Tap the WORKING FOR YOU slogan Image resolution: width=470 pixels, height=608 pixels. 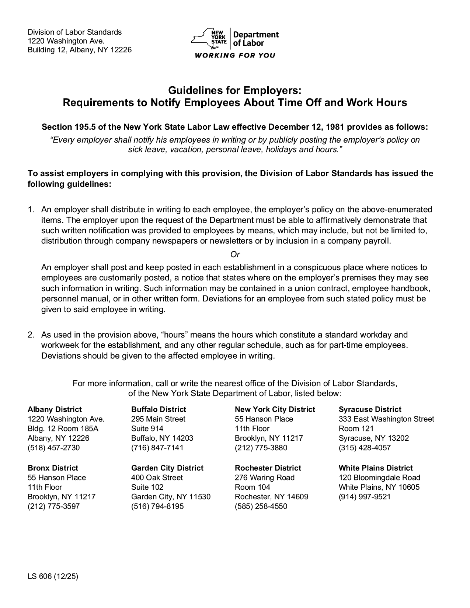tap(235, 56)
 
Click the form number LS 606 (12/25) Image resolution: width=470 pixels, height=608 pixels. tap(53, 576)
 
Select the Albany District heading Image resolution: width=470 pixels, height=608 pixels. tap(55, 409)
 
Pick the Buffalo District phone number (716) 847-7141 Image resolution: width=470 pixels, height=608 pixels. tap(157, 448)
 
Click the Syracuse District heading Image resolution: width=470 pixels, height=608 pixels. tap(370, 409)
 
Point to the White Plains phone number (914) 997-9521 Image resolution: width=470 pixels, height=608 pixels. tap(365, 497)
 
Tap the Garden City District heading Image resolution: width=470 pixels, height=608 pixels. tap(167, 468)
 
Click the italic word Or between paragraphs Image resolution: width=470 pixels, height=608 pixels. tap(235, 255)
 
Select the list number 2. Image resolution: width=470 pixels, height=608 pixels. tap(31, 335)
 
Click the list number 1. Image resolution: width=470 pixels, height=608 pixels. tap(31, 210)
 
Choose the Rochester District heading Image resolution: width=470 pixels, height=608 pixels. tap(268, 468)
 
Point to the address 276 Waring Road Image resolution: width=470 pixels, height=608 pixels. tap(265, 478)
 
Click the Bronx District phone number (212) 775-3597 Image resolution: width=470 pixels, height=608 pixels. tap(53, 506)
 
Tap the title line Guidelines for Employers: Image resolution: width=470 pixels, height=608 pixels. tap(235, 90)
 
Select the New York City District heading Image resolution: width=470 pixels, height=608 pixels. tap(275, 409)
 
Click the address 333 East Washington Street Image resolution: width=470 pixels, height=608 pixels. tap(386, 419)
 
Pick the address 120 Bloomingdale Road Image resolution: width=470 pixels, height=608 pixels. tap(379, 478)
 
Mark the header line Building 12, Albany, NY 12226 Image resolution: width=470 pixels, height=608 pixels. tap(80, 50)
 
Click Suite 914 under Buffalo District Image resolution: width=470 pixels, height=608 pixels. tap(147, 429)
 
